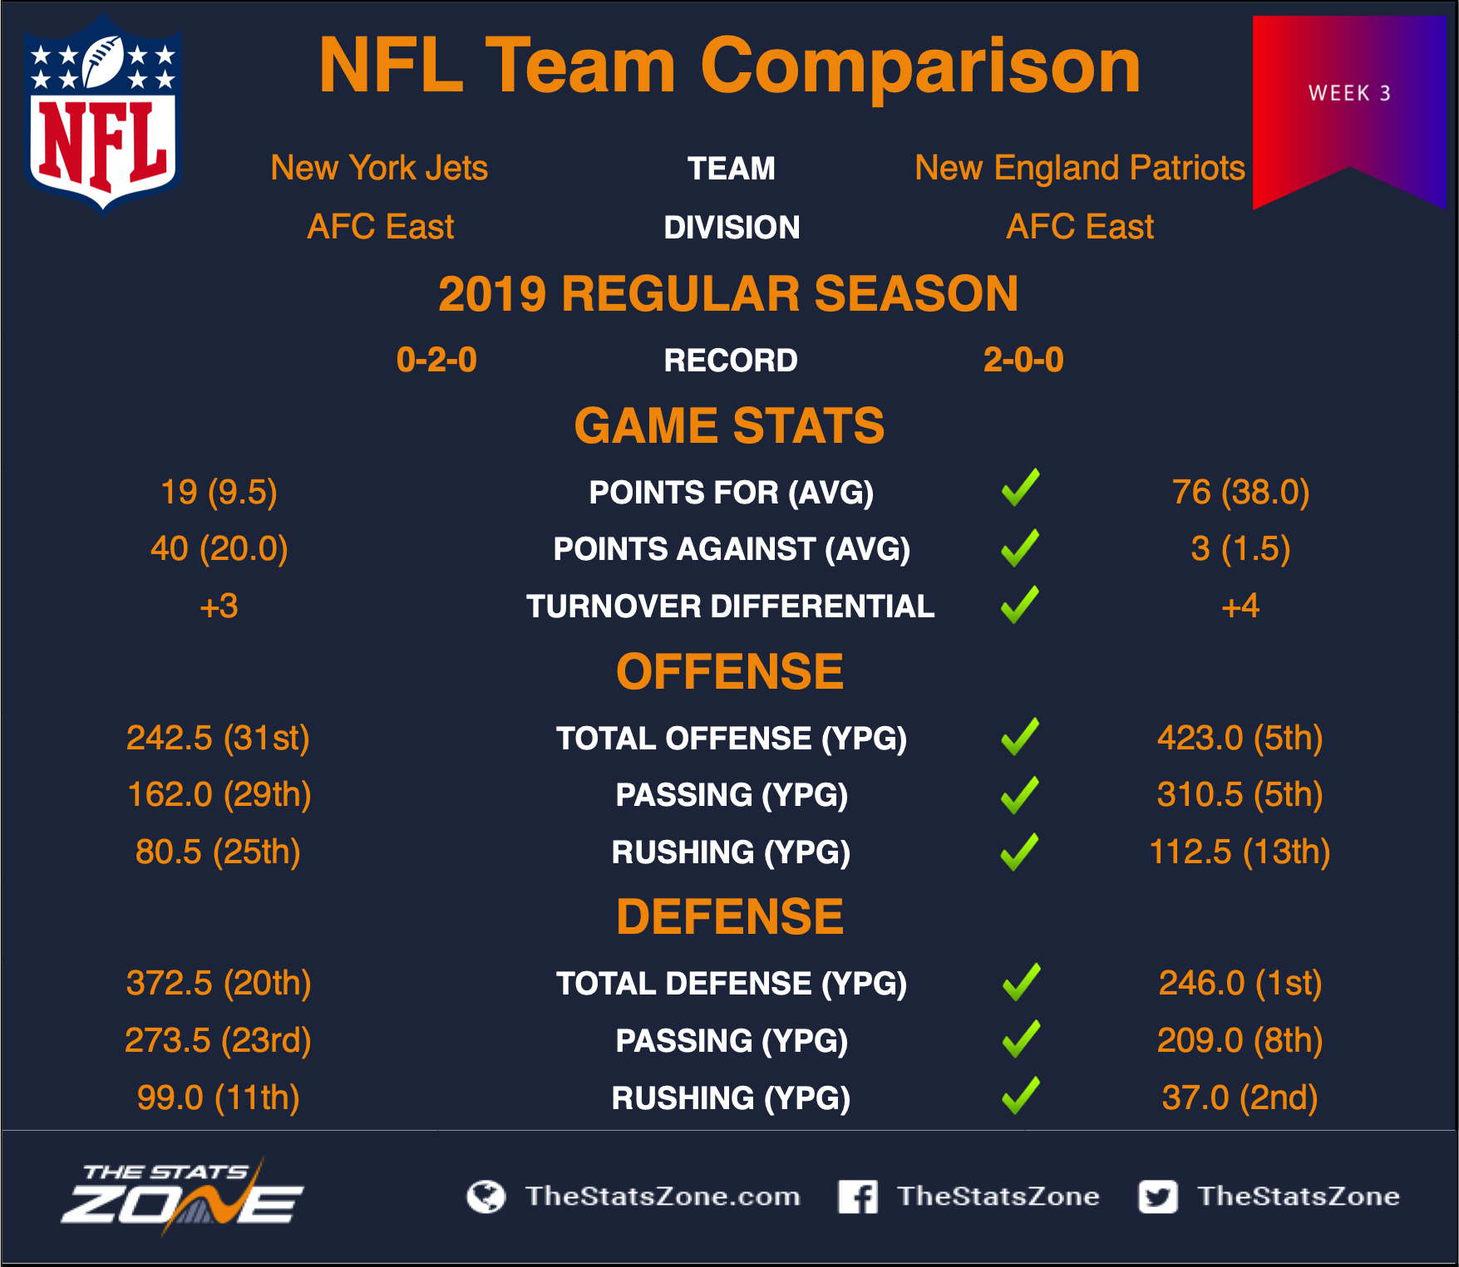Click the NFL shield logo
tap(103, 115)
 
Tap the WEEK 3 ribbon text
tap(1349, 93)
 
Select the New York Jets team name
tap(379, 168)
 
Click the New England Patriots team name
tap(1080, 168)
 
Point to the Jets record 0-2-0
tap(436, 360)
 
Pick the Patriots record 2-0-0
tap(1023, 360)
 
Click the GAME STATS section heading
tap(729, 425)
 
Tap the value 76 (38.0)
tap(1240, 492)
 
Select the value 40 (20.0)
tap(219, 548)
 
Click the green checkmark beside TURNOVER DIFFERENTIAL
tap(1020, 605)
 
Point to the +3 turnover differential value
tap(219, 606)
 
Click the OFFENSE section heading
tap(730, 671)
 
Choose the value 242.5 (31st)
tap(218, 738)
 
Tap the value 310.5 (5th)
tap(1240, 794)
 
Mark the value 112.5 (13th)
tap(1240, 852)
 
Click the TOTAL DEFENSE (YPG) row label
tap(732, 984)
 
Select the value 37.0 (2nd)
tap(1240, 1098)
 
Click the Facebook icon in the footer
tap(858, 1196)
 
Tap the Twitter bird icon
tap(1158, 1196)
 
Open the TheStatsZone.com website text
tap(663, 1196)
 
